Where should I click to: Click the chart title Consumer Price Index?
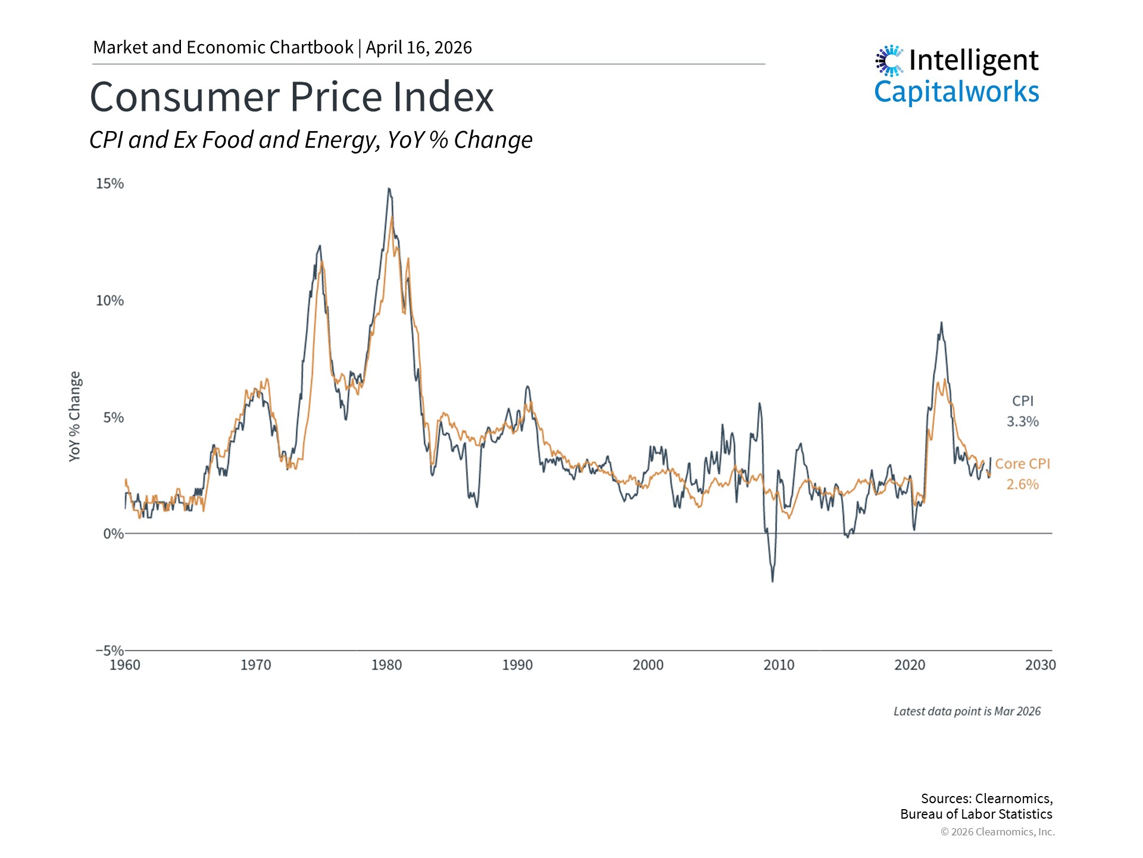tap(292, 97)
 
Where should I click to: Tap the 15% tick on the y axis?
tap(110, 184)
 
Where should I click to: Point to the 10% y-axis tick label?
tap(110, 300)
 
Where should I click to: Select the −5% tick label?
tap(110, 650)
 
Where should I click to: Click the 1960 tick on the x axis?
tap(125, 665)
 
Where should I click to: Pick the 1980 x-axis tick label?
tap(386, 665)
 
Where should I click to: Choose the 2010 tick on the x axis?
tap(779, 665)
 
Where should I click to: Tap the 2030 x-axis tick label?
tap(1040, 665)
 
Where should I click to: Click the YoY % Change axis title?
tap(74, 416)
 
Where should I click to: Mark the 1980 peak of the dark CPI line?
tap(389, 189)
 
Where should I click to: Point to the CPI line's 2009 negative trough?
tap(773, 581)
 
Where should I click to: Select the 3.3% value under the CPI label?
tap(1022, 421)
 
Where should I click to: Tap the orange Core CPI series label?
tap(1022, 464)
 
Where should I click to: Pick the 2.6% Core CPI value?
tap(1022, 484)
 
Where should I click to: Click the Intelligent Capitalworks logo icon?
tap(889, 60)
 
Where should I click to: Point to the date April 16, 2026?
tap(419, 48)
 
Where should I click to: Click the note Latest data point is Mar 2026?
tap(967, 711)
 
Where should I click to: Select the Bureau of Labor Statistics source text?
tap(976, 814)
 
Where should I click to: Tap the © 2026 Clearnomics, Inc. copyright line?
tap(997, 832)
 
